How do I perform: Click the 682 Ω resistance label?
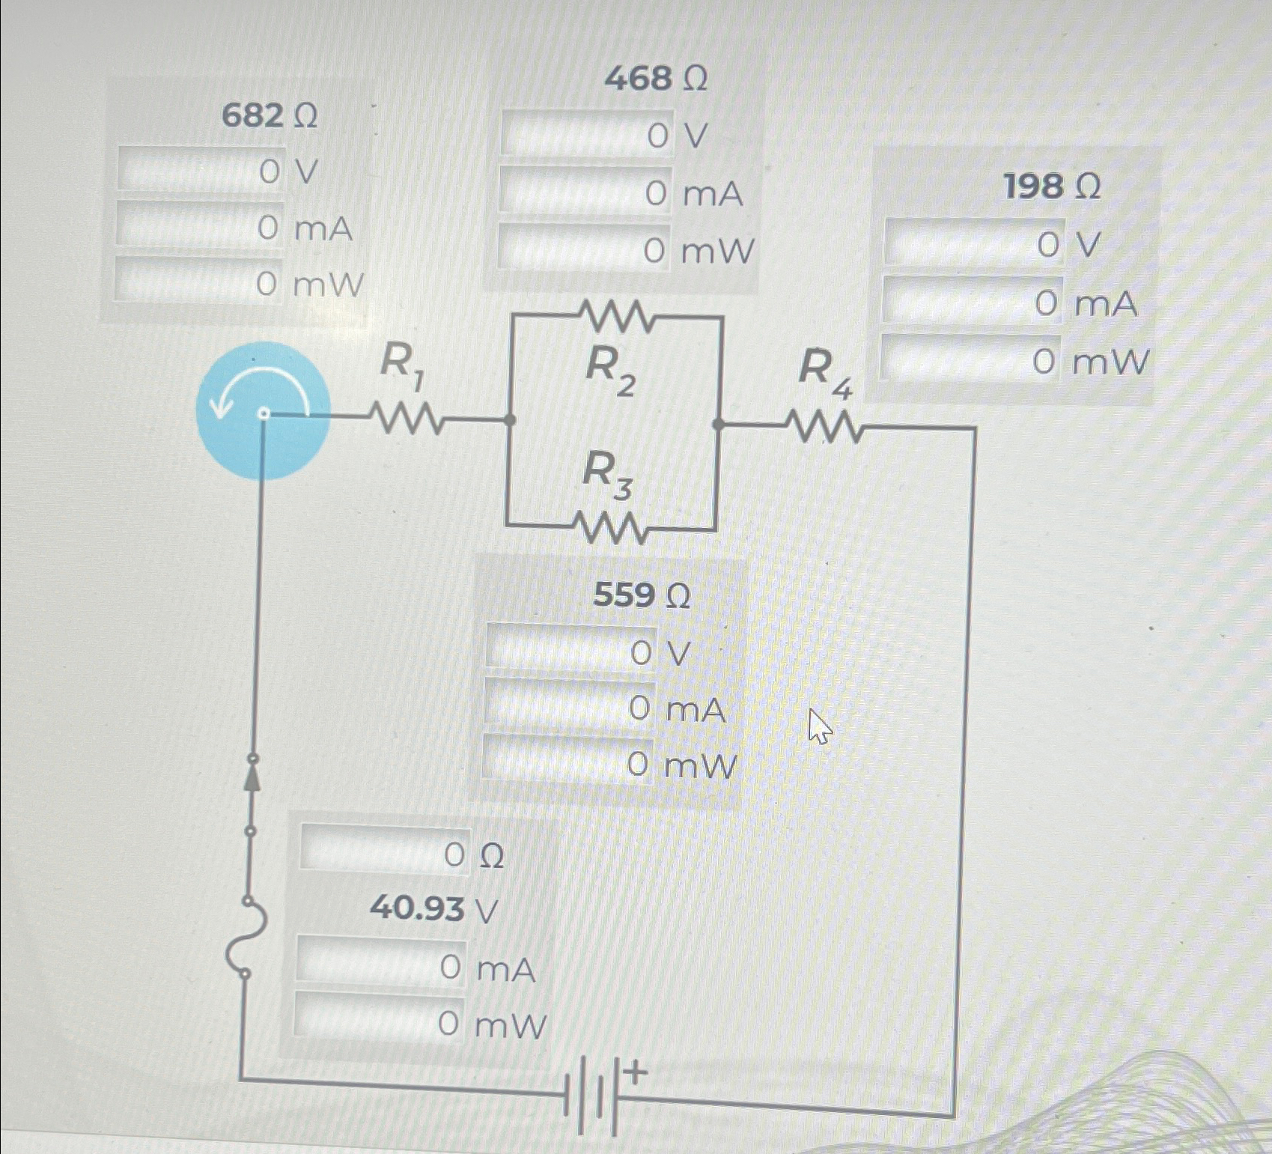point(270,116)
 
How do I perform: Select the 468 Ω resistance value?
point(655,78)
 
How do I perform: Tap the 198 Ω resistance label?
point(1051,186)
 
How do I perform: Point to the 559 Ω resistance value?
point(642,595)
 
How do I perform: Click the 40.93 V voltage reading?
point(433,909)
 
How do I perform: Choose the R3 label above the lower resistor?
point(607,474)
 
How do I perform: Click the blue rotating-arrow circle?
point(263,410)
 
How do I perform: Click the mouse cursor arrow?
point(819,726)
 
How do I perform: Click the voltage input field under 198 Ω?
point(974,243)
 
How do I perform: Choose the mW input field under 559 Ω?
point(567,760)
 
